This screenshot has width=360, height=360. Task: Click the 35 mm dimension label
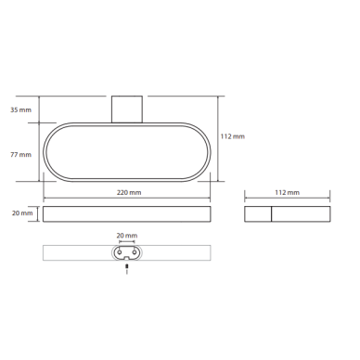(x=21, y=109)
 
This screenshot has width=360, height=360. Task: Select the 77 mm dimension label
(x=21, y=154)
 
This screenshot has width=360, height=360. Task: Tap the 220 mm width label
(x=129, y=192)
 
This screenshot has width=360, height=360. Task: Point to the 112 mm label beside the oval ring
(x=233, y=136)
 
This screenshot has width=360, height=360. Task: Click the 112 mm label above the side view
(x=288, y=192)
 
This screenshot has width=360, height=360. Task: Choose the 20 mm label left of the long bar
(x=22, y=213)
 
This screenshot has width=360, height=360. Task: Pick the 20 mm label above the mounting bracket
(x=127, y=236)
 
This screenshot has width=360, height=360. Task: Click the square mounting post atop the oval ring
(x=127, y=109)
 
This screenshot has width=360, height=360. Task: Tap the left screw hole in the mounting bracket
(x=119, y=252)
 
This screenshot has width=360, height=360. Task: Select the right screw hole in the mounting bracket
(x=135, y=252)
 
